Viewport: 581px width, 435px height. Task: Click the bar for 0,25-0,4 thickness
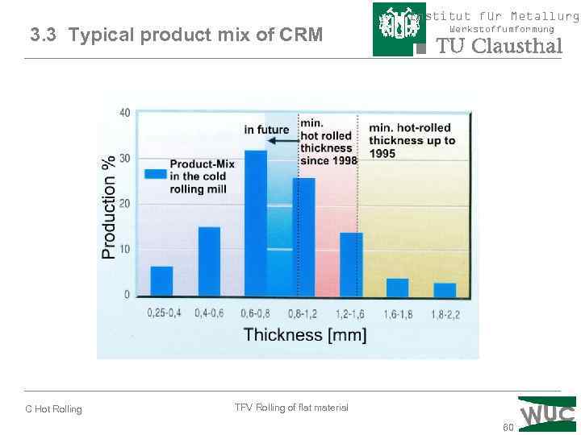pyautogui.click(x=161, y=280)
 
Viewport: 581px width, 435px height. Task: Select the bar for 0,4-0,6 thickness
pyautogui.click(x=209, y=261)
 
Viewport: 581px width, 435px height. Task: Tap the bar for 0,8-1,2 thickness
pyautogui.click(x=303, y=237)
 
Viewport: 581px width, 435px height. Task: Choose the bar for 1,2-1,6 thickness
pyautogui.click(x=351, y=264)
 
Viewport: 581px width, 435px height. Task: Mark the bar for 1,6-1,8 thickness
pyautogui.click(x=397, y=287)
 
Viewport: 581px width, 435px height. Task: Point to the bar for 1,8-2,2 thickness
pyautogui.click(x=445, y=289)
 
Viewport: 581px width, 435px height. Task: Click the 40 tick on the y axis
pyautogui.click(x=124, y=113)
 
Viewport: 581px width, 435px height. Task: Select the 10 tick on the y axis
pyautogui.click(x=124, y=250)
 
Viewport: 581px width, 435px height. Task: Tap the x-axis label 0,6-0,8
pyautogui.click(x=256, y=313)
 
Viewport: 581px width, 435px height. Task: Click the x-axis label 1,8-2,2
pyautogui.click(x=445, y=313)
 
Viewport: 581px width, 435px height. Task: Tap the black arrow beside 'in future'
pyautogui.click(x=282, y=139)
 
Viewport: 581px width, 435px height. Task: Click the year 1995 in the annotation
pyautogui.click(x=383, y=153)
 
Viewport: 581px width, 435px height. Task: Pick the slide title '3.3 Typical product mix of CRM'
pyautogui.click(x=176, y=35)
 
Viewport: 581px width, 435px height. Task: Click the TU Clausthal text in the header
pyautogui.click(x=499, y=46)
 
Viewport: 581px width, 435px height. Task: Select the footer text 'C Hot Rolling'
pyautogui.click(x=53, y=409)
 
